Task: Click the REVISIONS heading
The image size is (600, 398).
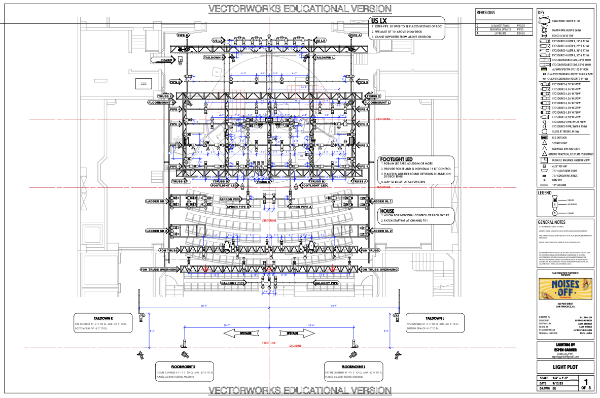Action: [x=486, y=13]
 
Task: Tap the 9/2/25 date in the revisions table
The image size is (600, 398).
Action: [x=520, y=29]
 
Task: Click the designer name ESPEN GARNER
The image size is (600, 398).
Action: [x=564, y=349]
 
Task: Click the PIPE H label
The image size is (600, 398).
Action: [x=183, y=36]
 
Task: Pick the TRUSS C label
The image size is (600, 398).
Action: [x=262, y=181]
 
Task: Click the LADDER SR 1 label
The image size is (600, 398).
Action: [x=157, y=202]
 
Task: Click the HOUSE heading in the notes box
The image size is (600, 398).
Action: [x=387, y=211]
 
